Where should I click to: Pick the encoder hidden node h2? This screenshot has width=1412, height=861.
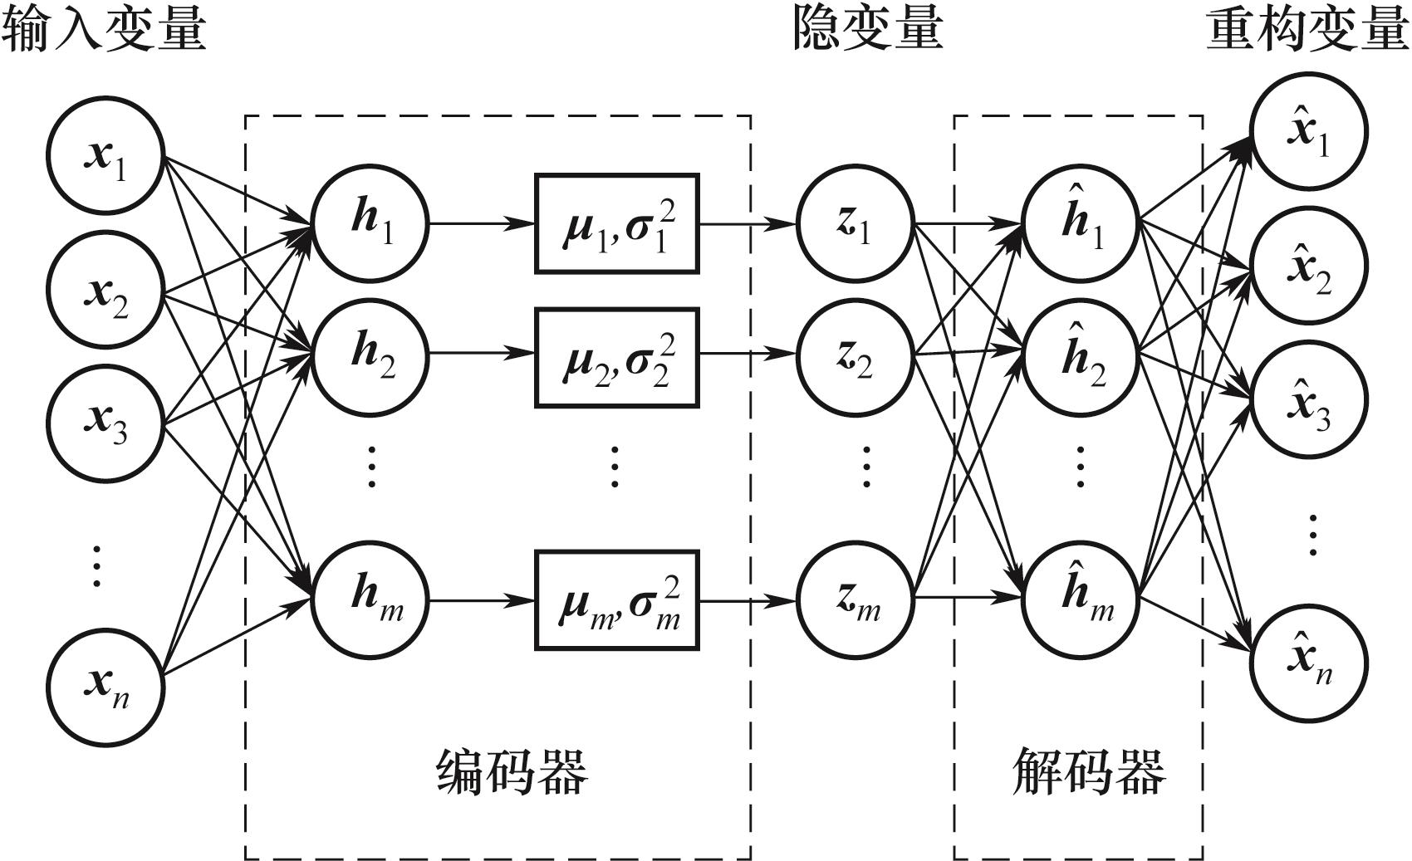370,355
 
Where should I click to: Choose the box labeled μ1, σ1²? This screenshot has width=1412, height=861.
616,223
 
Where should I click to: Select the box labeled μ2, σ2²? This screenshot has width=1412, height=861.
616,358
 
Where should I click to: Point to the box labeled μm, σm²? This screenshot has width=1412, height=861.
616,599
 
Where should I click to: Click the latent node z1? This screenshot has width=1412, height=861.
856,223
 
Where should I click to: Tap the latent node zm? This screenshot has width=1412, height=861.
856,599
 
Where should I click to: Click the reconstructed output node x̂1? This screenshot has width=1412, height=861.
1309,131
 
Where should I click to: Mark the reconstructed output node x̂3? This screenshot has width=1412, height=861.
1309,405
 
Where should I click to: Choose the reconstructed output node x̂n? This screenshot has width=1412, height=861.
1309,664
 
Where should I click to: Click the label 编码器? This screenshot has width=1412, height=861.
512,772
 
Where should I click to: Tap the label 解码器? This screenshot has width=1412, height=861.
1088,772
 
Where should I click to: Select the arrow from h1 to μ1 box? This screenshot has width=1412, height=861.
482,223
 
